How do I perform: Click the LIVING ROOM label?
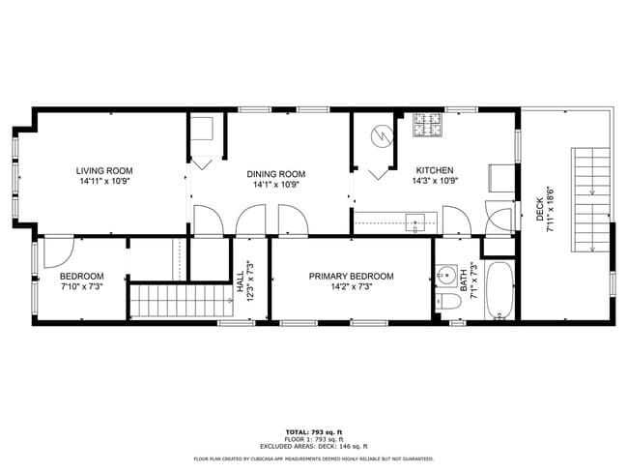103,170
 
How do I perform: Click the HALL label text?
240,281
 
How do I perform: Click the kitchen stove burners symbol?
427,125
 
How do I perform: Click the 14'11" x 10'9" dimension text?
103,181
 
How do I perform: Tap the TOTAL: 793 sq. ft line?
313,431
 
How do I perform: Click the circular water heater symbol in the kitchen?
384,136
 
